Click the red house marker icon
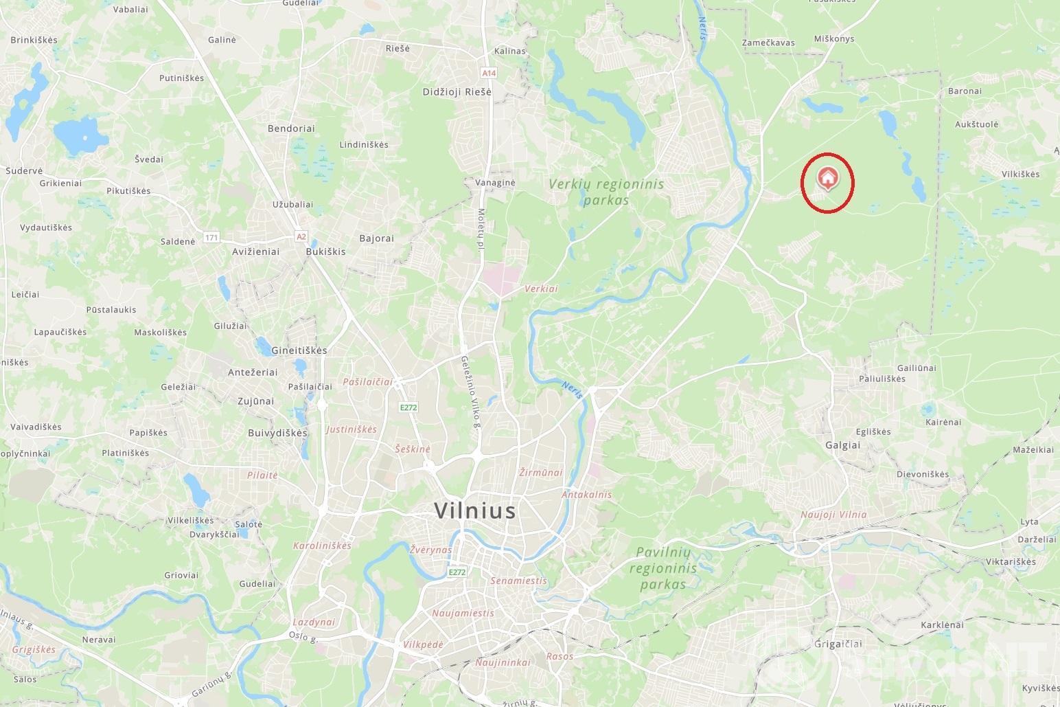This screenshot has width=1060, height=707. pos(828,178)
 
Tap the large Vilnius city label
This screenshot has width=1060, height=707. pos(474,510)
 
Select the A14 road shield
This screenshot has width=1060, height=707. pos(488,73)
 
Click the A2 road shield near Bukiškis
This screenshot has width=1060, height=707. pos(301,236)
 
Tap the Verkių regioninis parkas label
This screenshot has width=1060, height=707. pos(606,192)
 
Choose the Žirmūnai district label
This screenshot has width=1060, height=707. pos(541,473)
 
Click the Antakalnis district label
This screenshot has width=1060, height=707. pos(586,495)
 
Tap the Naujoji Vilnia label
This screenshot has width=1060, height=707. pos(833,515)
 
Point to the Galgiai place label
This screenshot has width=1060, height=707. pos(842,445)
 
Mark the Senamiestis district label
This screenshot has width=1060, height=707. pos(518,581)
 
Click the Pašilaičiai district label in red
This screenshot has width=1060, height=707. pos(367,382)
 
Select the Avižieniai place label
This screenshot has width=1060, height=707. pos(256,251)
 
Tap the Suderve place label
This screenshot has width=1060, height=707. pos(24,171)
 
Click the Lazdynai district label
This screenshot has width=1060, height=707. pos(314,622)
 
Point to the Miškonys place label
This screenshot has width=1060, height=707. pos(833,39)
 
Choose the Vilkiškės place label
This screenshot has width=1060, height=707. pos(1020,175)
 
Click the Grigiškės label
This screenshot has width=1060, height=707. pos(33,649)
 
